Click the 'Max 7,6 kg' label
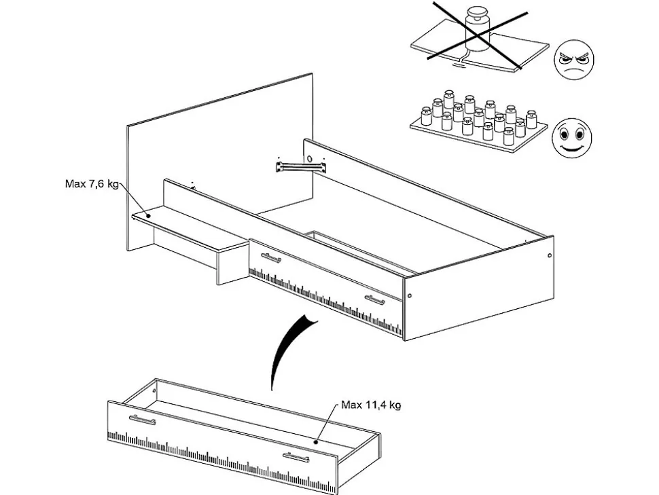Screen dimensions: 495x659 (x=90, y=184)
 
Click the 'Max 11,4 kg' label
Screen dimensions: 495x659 (x=370, y=405)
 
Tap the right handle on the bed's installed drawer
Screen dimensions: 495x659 (x=374, y=299)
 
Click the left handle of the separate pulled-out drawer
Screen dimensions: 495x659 (x=142, y=419)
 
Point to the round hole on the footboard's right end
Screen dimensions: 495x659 (x=548, y=257)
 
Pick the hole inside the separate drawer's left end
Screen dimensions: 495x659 (x=156, y=391)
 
